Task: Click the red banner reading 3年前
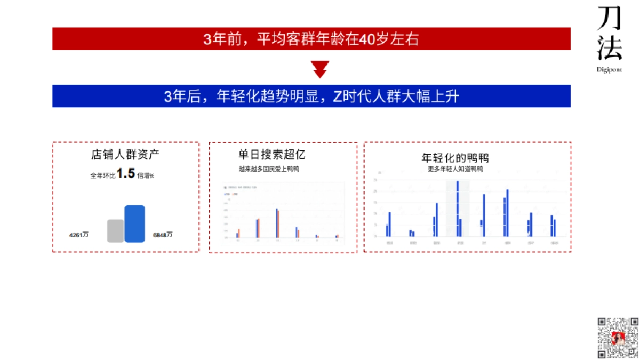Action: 311,39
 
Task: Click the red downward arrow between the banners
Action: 320,69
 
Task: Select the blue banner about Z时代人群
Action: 311,96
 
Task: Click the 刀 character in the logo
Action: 609,19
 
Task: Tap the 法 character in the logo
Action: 609,49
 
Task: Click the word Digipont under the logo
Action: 609,69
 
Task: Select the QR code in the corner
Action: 618,338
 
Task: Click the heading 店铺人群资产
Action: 125,155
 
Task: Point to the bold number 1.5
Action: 126,173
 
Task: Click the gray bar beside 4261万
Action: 115,231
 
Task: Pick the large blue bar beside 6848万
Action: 134,223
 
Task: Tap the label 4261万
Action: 79,235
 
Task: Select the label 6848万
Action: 163,235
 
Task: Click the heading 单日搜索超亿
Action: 272,155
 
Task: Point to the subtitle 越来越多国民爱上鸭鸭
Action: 269,169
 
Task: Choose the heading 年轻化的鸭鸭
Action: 455,158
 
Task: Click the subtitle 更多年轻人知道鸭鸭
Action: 455,169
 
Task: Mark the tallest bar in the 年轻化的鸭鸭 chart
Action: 458,209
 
